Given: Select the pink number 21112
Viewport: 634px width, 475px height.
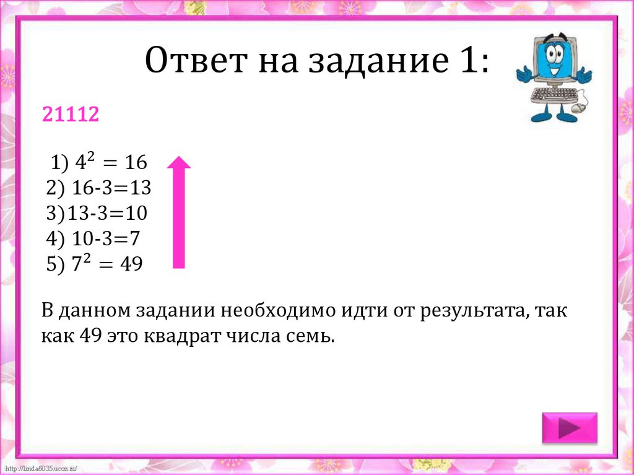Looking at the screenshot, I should coord(70,114).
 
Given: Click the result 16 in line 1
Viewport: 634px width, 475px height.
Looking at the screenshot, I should coord(134,163).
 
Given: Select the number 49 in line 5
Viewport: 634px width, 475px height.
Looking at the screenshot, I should coord(131,264).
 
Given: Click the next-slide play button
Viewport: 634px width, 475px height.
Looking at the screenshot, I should coord(569,428).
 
